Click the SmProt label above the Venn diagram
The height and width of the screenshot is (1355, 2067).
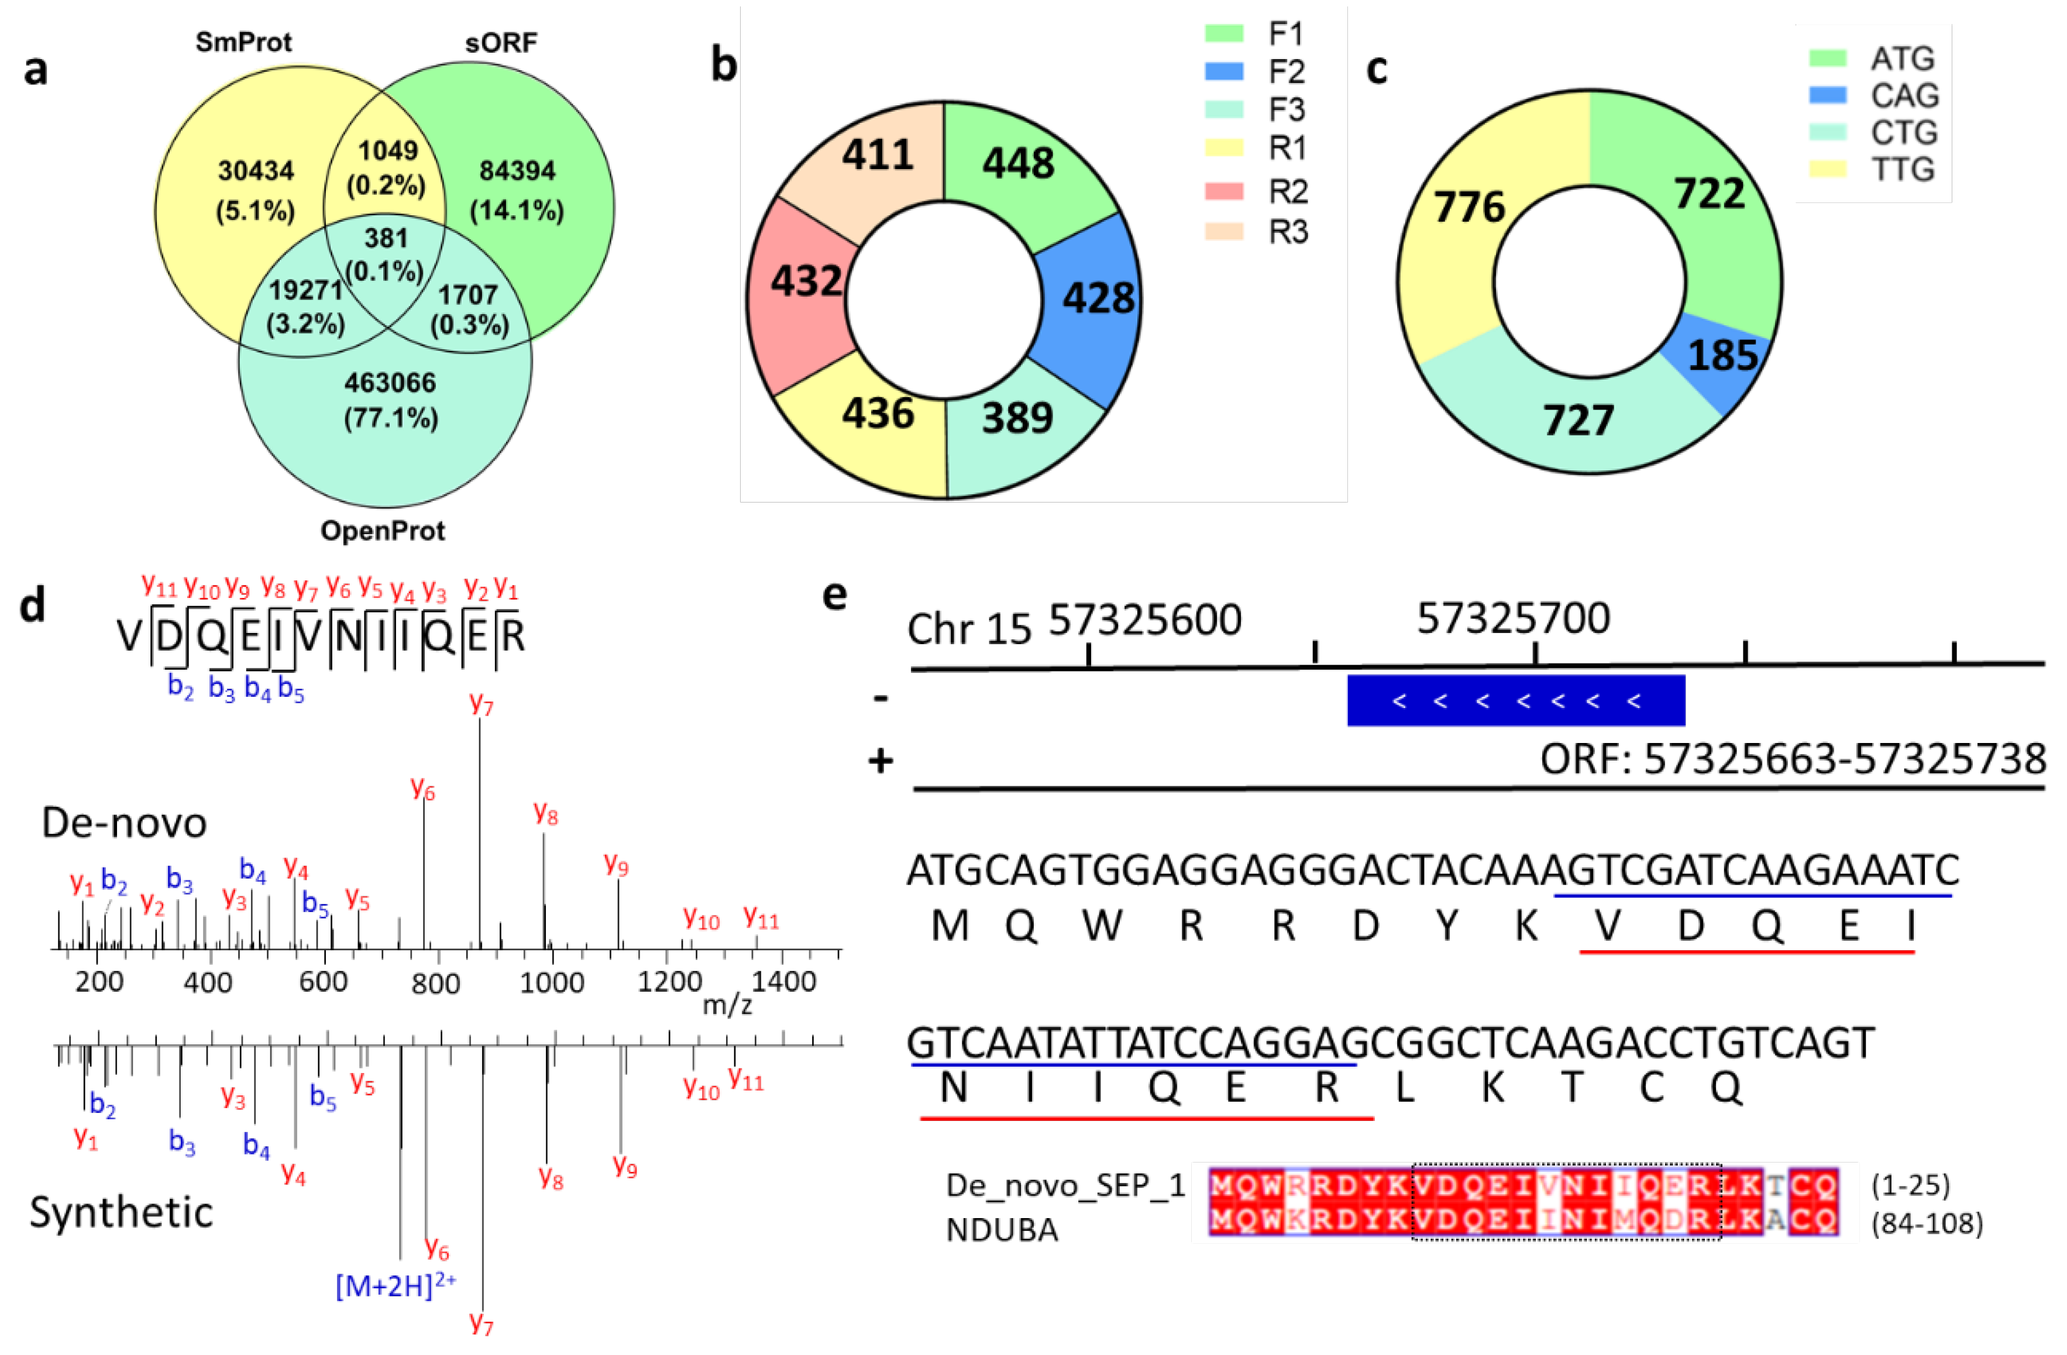[243, 42]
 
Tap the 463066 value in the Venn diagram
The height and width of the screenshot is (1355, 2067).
[390, 383]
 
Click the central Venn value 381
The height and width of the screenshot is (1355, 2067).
[386, 238]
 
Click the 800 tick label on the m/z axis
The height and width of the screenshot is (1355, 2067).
[436, 983]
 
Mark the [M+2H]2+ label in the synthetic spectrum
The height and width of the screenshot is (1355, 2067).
[395, 1285]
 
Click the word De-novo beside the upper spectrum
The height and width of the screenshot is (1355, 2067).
[124, 823]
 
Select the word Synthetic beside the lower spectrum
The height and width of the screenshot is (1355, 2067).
[122, 1212]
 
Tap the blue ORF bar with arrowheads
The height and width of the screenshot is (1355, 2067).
[1515, 700]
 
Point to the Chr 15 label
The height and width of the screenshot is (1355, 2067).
[968, 628]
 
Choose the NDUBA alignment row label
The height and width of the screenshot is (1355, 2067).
[1002, 1230]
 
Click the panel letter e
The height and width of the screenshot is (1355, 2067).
[835, 596]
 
